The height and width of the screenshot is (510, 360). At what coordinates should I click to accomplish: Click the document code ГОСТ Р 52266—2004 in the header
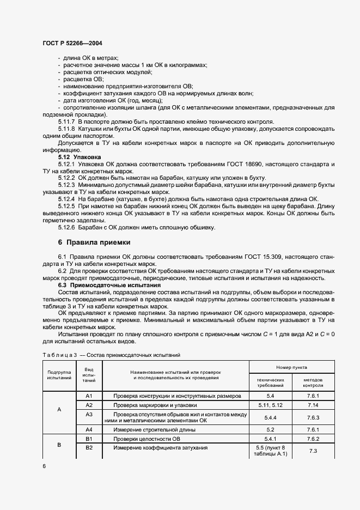pyautogui.click(x=71, y=43)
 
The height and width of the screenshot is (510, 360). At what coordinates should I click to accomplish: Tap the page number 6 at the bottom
pyautogui.click(x=44, y=466)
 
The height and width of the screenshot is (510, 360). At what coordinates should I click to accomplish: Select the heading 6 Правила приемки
pyautogui.click(x=94, y=242)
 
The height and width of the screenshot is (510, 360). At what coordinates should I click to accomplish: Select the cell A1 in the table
pyautogui.click(x=90, y=396)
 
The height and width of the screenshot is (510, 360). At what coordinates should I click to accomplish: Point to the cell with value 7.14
pyautogui.click(x=313, y=406)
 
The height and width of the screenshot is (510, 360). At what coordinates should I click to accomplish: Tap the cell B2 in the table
pyautogui.click(x=90, y=448)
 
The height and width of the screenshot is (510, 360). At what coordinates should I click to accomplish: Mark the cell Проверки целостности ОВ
pyautogui.click(x=146, y=439)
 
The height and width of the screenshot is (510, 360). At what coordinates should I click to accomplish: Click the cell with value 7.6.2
pyautogui.click(x=313, y=439)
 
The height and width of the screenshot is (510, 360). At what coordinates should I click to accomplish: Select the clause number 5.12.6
pyautogui.click(x=66, y=227)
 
